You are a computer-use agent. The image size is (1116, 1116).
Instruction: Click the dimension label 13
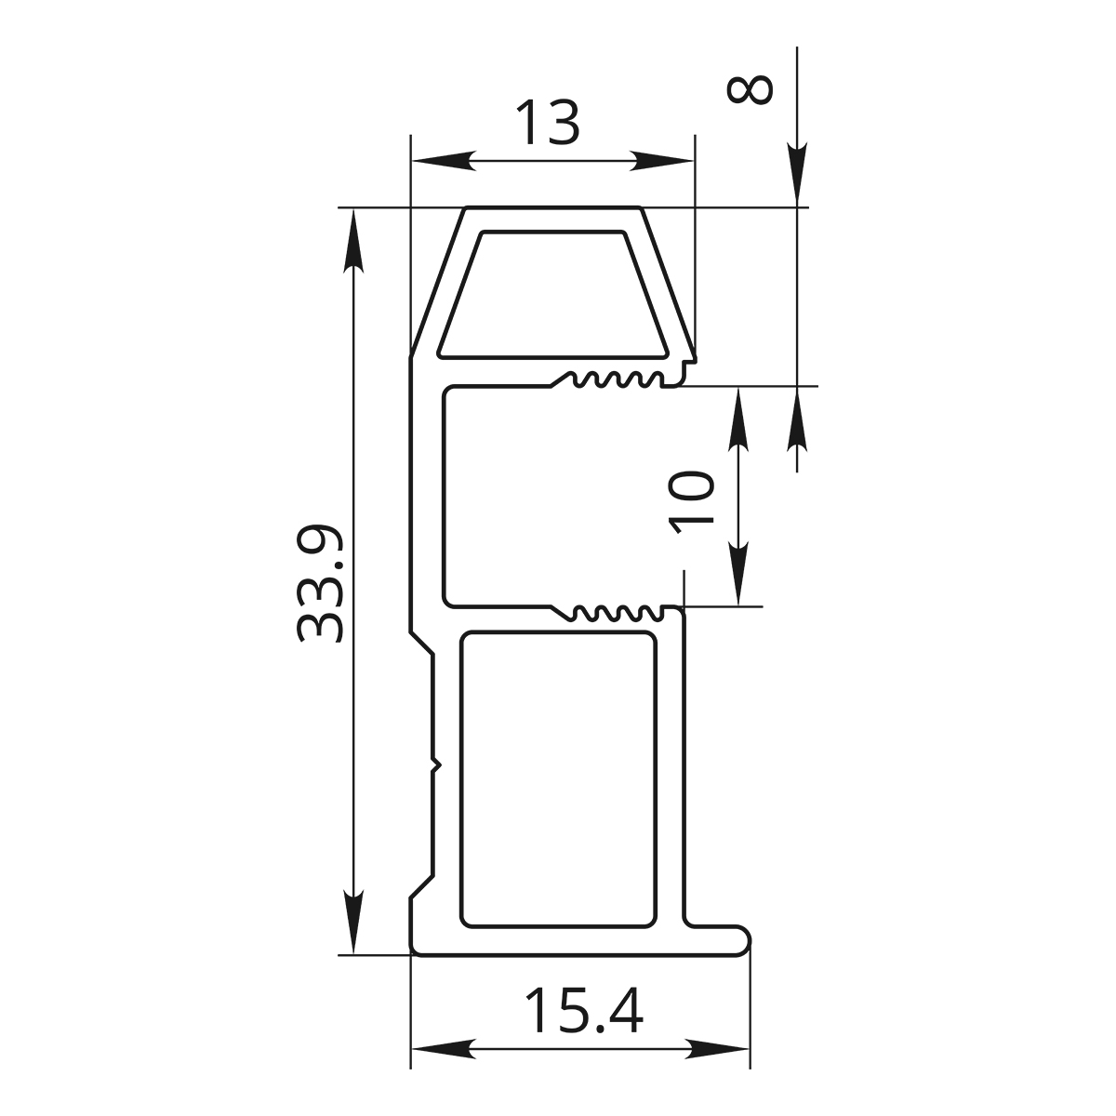547,123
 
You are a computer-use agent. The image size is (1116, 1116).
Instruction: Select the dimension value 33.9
320,584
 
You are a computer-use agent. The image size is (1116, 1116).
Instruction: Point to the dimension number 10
691,501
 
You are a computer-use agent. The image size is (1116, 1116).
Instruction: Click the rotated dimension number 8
750,90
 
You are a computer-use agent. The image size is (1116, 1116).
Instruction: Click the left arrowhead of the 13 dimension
443,161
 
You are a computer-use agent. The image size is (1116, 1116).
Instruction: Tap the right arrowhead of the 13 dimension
662,161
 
